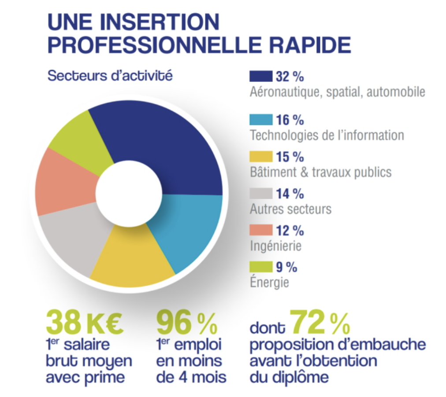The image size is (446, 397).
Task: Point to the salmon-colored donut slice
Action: (x=62, y=185)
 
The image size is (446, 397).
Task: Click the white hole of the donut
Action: (x=129, y=194)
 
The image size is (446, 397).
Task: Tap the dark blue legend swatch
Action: (x=261, y=77)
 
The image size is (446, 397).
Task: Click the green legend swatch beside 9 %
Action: (x=261, y=267)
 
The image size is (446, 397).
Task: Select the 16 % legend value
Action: (x=290, y=120)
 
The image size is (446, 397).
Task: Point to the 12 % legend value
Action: (x=290, y=230)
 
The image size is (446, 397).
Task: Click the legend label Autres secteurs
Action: (x=290, y=208)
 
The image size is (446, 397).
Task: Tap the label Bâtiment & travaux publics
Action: (x=320, y=172)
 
